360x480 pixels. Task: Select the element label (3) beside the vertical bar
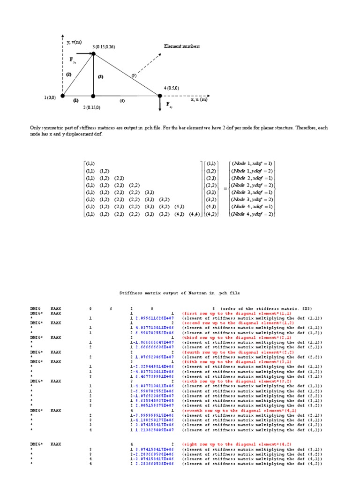(100, 76)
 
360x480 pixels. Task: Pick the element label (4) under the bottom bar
(122, 100)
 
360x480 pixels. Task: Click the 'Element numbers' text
(182, 46)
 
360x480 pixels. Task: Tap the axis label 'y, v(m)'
(74, 42)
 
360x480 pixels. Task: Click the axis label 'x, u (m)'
(199, 99)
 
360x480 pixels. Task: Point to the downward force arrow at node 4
(160, 104)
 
